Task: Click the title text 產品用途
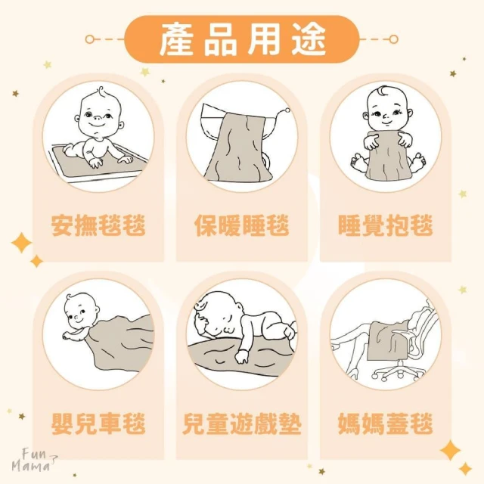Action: coord(242,39)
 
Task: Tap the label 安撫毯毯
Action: coord(98,225)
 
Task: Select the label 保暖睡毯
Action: coord(242,225)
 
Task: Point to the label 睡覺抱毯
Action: coord(386,225)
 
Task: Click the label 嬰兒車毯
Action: coord(98,423)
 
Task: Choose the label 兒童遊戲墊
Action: coord(242,423)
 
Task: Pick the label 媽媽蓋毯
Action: coord(386,423)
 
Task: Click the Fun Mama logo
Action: coord(35,461)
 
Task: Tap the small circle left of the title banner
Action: coord(89,39)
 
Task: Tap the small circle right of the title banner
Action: coord(393,39)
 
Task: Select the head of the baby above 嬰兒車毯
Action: coord(82,312)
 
